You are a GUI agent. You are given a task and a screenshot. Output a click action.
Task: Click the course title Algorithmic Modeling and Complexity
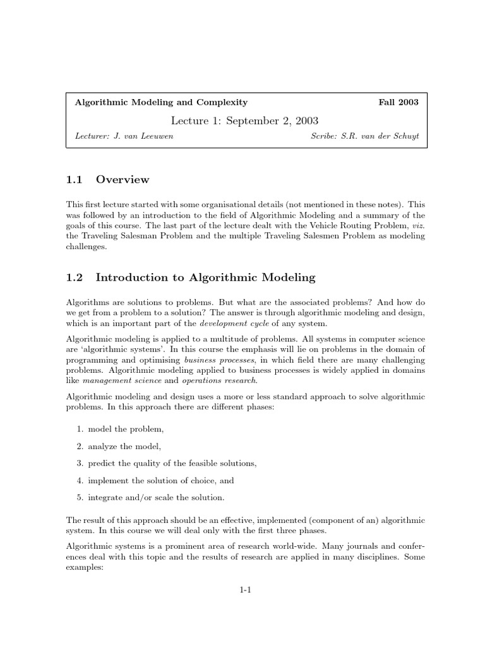coord(161,102)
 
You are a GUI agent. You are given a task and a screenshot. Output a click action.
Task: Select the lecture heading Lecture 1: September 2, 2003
coord(244,120)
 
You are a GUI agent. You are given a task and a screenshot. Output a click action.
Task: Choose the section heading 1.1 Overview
coord(107,180)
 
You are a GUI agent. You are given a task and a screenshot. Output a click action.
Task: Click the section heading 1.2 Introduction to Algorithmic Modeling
coord(191,278)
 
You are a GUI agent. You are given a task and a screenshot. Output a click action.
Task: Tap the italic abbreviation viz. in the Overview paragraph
coord(417,225)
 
